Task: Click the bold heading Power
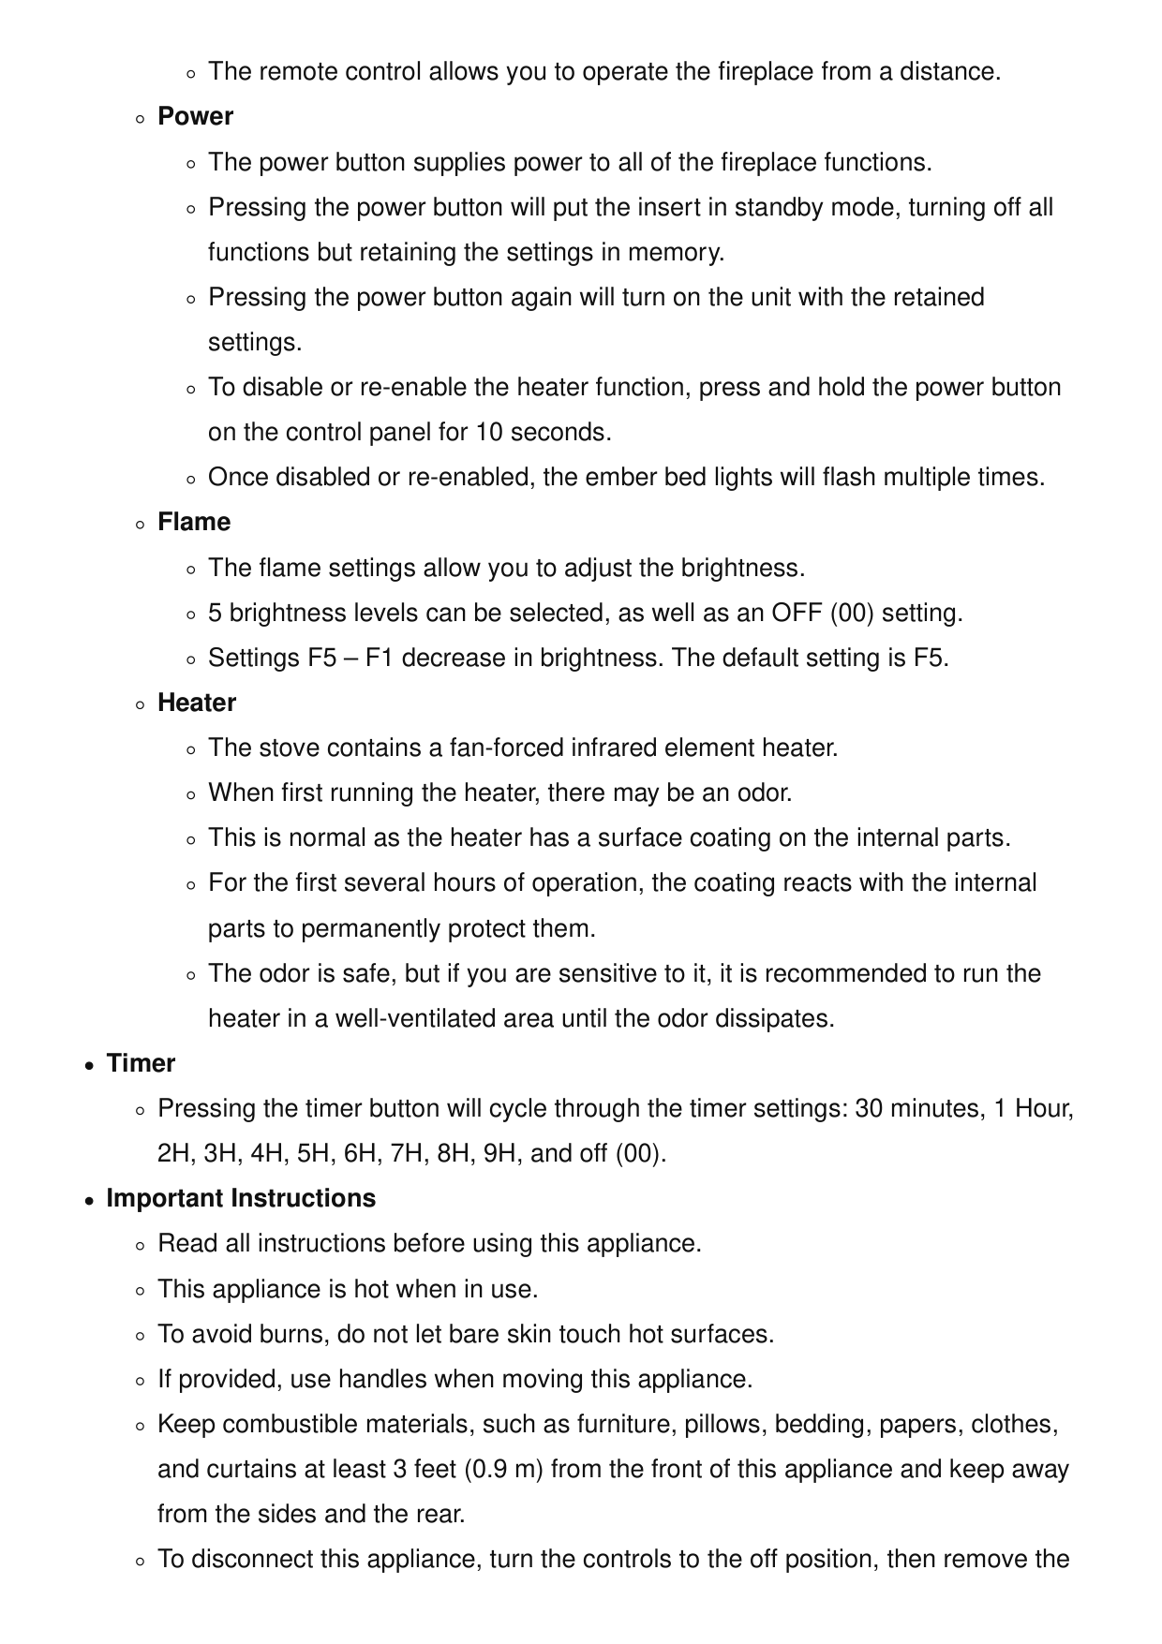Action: point(195,117)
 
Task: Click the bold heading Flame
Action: point(194,523)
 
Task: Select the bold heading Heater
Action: point(197,704)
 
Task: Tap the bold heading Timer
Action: point(141,1064)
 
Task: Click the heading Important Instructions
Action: point(241,1199)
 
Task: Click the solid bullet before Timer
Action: point(88,1065)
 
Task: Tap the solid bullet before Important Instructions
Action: point(88,1200)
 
